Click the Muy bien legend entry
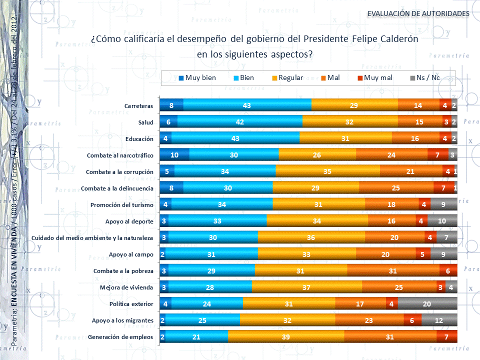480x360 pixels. (x=197, y=78)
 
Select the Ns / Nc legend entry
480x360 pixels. (x=424, y=78)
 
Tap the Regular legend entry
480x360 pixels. (x=287, y=78)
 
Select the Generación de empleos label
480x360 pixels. (x=120, y=336)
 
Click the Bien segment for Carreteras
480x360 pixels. (x=247, y=105)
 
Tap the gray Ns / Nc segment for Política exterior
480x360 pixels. (x=427, y=303)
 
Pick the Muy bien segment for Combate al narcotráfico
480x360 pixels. (x=174, y=155)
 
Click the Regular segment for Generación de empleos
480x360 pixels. (x=286, y=336)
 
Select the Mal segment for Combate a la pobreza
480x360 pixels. (x=393, y=270)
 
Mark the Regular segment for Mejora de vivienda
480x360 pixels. (x=306, y=287)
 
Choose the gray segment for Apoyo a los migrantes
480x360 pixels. (x=439, y=320)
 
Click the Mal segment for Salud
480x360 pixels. (x=419, y=122)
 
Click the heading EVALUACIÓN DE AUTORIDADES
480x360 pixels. (x=418, y=13)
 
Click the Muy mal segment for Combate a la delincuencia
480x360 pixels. (x=443, y=188)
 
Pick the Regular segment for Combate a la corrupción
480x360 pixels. (x=327, y=171)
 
